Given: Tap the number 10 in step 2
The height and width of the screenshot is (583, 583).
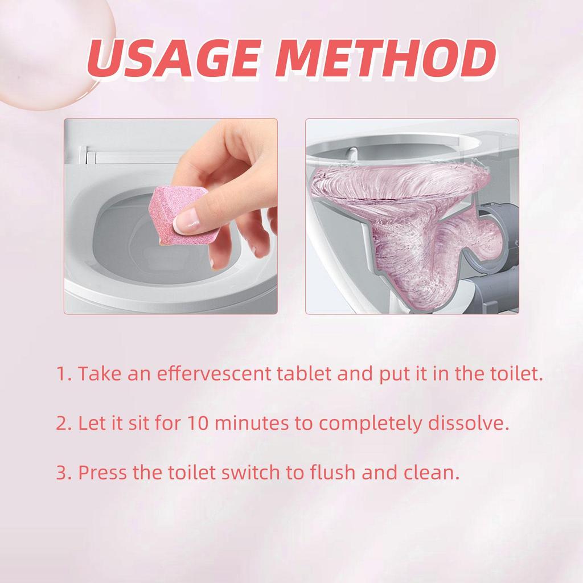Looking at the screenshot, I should (x=197, y=424).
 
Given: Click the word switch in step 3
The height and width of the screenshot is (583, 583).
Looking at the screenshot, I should (x=241, y=473).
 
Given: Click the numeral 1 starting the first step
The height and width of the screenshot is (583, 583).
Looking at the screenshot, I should (x=61, y=375).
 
